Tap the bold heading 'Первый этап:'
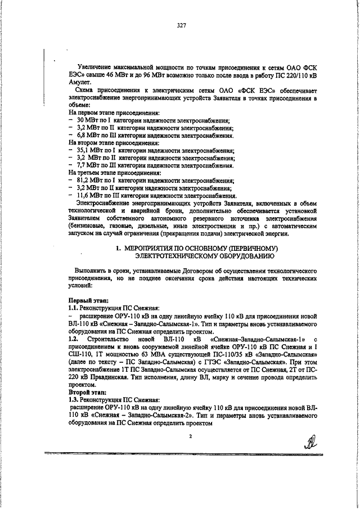point(85,301)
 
